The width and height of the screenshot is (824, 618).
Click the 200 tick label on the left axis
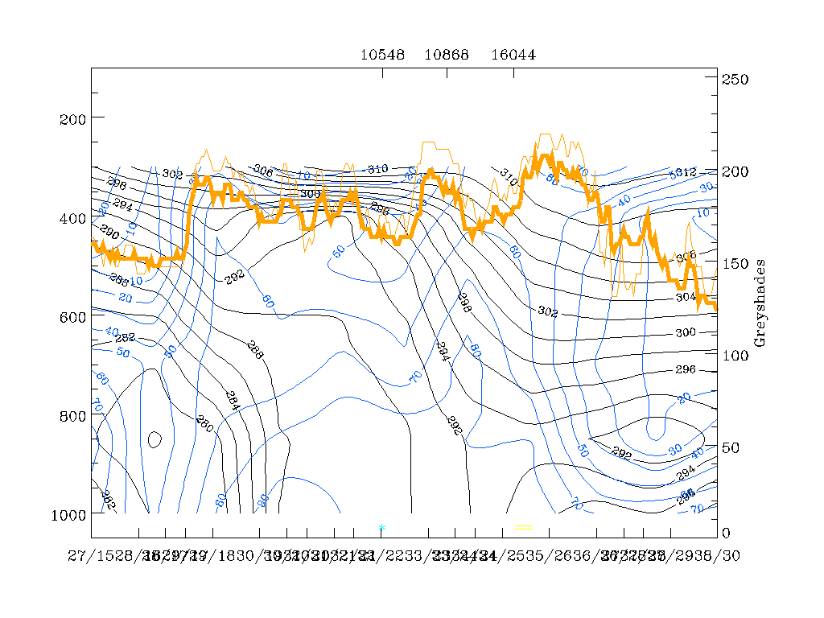pos(73,119)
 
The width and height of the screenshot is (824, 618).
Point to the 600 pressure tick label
pos(73,317)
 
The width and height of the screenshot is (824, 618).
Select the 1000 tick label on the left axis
pos(69,515)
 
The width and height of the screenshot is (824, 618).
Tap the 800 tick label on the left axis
pos(73,416)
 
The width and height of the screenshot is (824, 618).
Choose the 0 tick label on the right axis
pos(727,533)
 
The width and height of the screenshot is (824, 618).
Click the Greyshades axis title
pos(760,303)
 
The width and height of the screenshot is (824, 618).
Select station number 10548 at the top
pos(381,55)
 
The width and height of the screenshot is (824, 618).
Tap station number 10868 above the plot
pos(447,55)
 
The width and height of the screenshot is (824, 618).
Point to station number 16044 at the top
pos(513,55)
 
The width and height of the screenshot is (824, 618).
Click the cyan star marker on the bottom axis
pos(381,528)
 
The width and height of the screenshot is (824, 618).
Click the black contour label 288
pos(254,350)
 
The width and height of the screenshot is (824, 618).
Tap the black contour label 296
pos(685,370)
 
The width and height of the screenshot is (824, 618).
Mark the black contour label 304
pos(686,296)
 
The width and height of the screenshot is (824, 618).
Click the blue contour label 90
pos(262,500)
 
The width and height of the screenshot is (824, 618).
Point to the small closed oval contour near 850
pos(155,439)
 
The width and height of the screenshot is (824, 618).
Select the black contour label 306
pos(262,171)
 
